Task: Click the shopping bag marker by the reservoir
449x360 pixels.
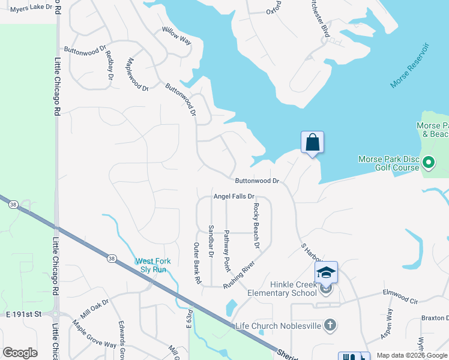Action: pyautogui.click(x=312, y=143)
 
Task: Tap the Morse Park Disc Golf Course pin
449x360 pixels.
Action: pyautogui.click(x=429, y=162)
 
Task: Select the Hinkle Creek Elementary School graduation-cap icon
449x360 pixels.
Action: pyautogui.click(x=326, y=272)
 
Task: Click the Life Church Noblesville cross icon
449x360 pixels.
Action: pyautogui.click(x=329, y=325)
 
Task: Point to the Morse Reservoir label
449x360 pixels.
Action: pyautogui.click(x=411, y=65)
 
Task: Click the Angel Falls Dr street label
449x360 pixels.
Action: pyautogui.click(x=235, y=196)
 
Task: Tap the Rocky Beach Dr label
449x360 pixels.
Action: pyautogui.click(x=256, y=226)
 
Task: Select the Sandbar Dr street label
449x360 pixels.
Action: pyautogui.click(x=211, y=241)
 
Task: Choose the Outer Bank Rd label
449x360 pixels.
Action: pyautogui.click(x=196, y=264)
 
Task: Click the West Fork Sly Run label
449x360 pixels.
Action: pyautogui.click(x=151, y=265)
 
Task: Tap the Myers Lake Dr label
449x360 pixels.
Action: pyautogui.click(x=28, y=8)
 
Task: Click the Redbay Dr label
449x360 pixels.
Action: pyautogui.click(x=110, y=65)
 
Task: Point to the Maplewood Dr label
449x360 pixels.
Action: pyautogui.click(x=137, y=74)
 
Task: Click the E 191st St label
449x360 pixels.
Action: pyautogui.click(x=23, y=314)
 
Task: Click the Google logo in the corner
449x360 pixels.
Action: pyautogui.click(x=20, y=353)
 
